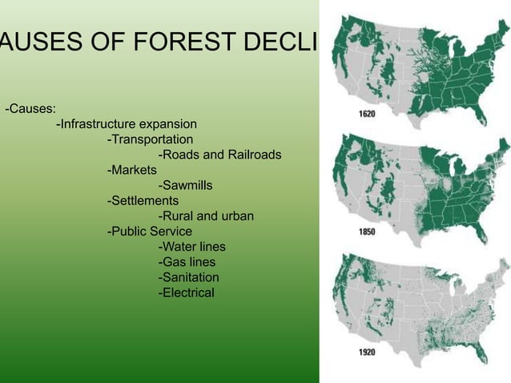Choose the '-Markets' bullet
(132, 170)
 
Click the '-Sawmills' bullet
(185, 185)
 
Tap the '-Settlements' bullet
(143, 200)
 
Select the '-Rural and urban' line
(206, 216)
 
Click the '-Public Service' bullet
(149, 232)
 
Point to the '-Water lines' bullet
(192, 247)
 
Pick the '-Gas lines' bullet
(187, 262)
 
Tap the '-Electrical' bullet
(187, 292)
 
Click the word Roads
(180, 155)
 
